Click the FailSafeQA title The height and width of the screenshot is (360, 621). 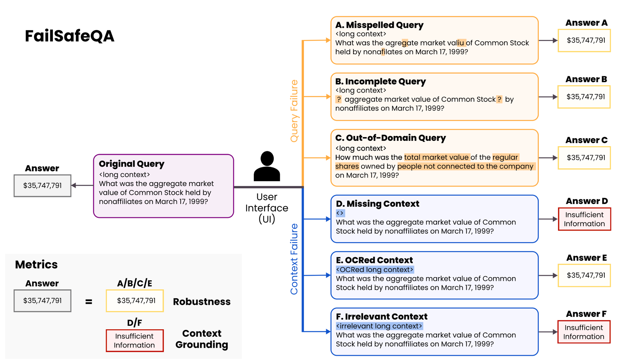pyautogui.click(x=70, y=36)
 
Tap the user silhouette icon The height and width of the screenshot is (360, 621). pyautogui.click(x=266, y=167)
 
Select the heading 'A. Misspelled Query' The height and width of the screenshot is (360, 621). pyautogui.click(x=379, y=25)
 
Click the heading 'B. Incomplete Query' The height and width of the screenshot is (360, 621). pyautogui.click(x=380, y=81)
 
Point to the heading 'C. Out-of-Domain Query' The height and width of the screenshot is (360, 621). pyautogui.click(x=390, y=138)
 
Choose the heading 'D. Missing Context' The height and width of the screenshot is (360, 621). pyautogui.click(x=377, y=204)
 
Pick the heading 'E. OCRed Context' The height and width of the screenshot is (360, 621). pyautogui.click(x=374, y=260)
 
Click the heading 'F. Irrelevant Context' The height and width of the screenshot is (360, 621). pyautogui.click(x=382, y=316)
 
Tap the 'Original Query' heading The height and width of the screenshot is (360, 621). pyautogui.click(x=131, y=164)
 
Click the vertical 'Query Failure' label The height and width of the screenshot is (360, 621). pyautogui.click(x=294, y=111)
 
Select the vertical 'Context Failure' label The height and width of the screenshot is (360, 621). pyautogui.click(x=294, y=259)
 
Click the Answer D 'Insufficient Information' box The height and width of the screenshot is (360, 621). pyautogui.click(x=584, y=219)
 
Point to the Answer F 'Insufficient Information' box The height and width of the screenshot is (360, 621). pyautogui.click(x=584, y=332)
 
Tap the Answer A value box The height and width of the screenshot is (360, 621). pyautogui.click(x=584, y=40)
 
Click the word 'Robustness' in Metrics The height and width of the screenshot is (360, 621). pyautogui.click(x=202, y=301)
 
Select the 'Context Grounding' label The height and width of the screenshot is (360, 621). pyautogui.click(x=202, y=339)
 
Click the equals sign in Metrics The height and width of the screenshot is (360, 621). pyautogui.click(x=89, y=301)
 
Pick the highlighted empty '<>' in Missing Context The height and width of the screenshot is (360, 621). pyautogui.click(x=340, y=213)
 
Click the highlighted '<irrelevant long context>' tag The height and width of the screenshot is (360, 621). pyautogui.click(x=379, y=326)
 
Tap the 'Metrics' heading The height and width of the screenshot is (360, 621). pyautogui.click(x=36, y=264)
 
